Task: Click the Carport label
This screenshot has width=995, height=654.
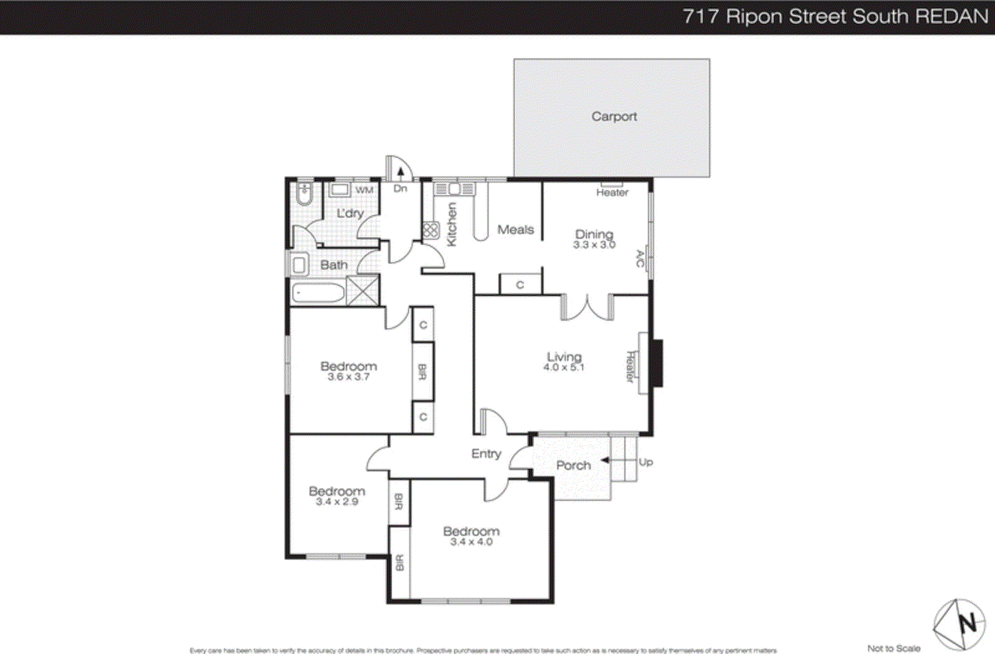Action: [614, 117]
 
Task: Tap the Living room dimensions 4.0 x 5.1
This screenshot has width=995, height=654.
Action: [563, 367]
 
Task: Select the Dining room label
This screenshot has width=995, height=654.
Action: [594, 234]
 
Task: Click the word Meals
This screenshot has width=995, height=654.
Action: [516, 230]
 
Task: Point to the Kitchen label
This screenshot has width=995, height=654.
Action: [452, 224]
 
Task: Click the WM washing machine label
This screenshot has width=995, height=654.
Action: [364, 190]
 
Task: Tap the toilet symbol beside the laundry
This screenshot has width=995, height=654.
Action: [304, 194]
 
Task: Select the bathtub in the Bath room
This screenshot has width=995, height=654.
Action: [318, 293]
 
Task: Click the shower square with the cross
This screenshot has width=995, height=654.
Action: [363, 290]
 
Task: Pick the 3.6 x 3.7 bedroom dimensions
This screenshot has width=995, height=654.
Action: [348, 377]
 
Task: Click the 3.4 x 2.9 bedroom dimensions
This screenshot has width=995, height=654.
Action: [336, 502]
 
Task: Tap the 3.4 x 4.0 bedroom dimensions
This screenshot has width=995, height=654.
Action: [471, 542]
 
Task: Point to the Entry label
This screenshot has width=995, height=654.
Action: [486, 454]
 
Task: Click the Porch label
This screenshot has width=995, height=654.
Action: [573, 466]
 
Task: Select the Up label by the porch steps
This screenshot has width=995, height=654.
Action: [646, 463]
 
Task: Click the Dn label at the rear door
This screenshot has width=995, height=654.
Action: [400, 188]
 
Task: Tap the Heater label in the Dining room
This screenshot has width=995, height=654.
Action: [612, 193]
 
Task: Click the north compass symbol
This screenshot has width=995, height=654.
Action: [960, 624]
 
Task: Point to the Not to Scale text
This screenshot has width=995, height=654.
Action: [893, 648]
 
